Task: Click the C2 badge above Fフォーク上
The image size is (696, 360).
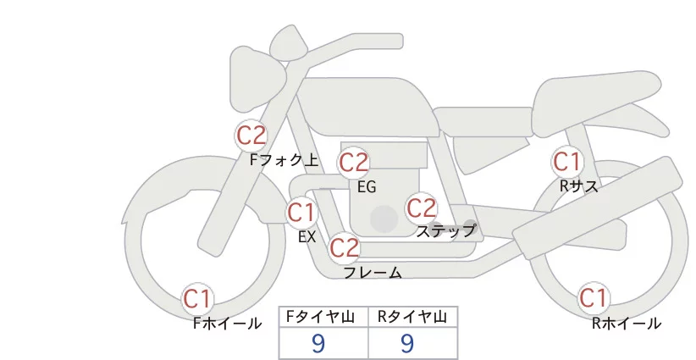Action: tap(251, 135)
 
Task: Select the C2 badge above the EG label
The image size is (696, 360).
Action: tap(354, 162)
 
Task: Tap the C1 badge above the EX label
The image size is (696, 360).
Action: tap(301, 212)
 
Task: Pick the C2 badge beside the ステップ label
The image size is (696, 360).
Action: tap(421, 208)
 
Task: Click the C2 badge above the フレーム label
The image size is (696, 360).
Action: tap(345, 248)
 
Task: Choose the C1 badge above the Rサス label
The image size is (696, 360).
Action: tap(566, 161)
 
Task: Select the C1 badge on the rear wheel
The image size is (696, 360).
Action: tap(593, 298)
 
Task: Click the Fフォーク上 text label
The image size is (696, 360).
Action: tap(284, 158)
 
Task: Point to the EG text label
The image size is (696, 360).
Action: tap(367, 187)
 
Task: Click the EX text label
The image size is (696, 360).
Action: tap(307, 237)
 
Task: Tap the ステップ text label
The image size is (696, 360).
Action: tap(446, 230)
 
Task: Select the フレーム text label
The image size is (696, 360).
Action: tap(373, 273)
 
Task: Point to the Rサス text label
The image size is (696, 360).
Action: tap(579, 186)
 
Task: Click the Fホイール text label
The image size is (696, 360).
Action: tap(227, 323)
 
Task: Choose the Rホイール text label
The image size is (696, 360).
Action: tap(627, 323)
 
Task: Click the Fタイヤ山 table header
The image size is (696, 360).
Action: tap(324, 317)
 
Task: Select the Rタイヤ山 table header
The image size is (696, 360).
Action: tap(413, 317)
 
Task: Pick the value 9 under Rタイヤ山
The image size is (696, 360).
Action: tap(407, 343)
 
